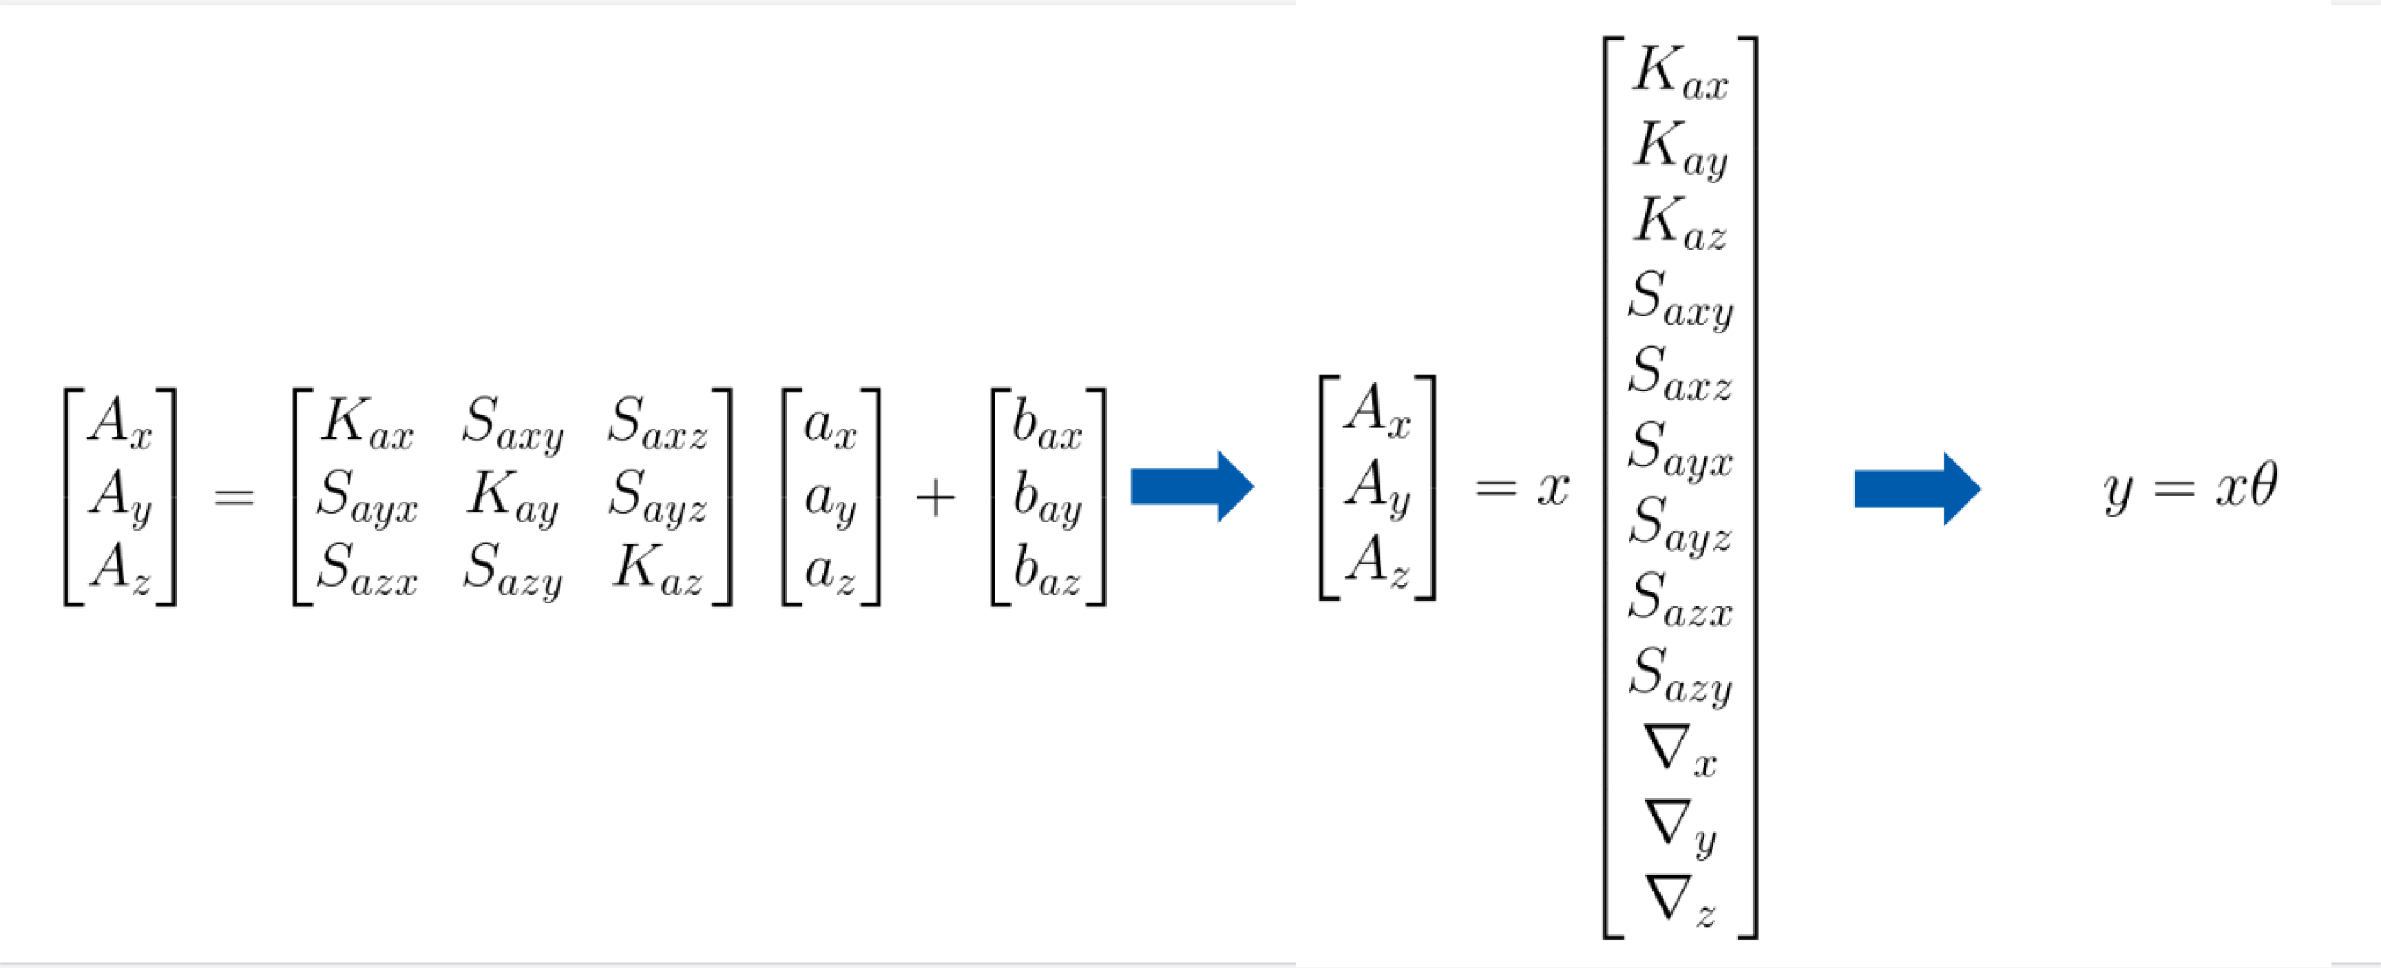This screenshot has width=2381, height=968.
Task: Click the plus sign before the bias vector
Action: (934, 498)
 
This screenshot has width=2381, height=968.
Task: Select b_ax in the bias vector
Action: (1047, 425)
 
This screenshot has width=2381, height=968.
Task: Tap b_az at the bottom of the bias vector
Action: (1047, 571)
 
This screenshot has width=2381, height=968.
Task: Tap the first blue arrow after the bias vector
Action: (1190, 486)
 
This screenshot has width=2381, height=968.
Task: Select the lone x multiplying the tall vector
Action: (1553, 487)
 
